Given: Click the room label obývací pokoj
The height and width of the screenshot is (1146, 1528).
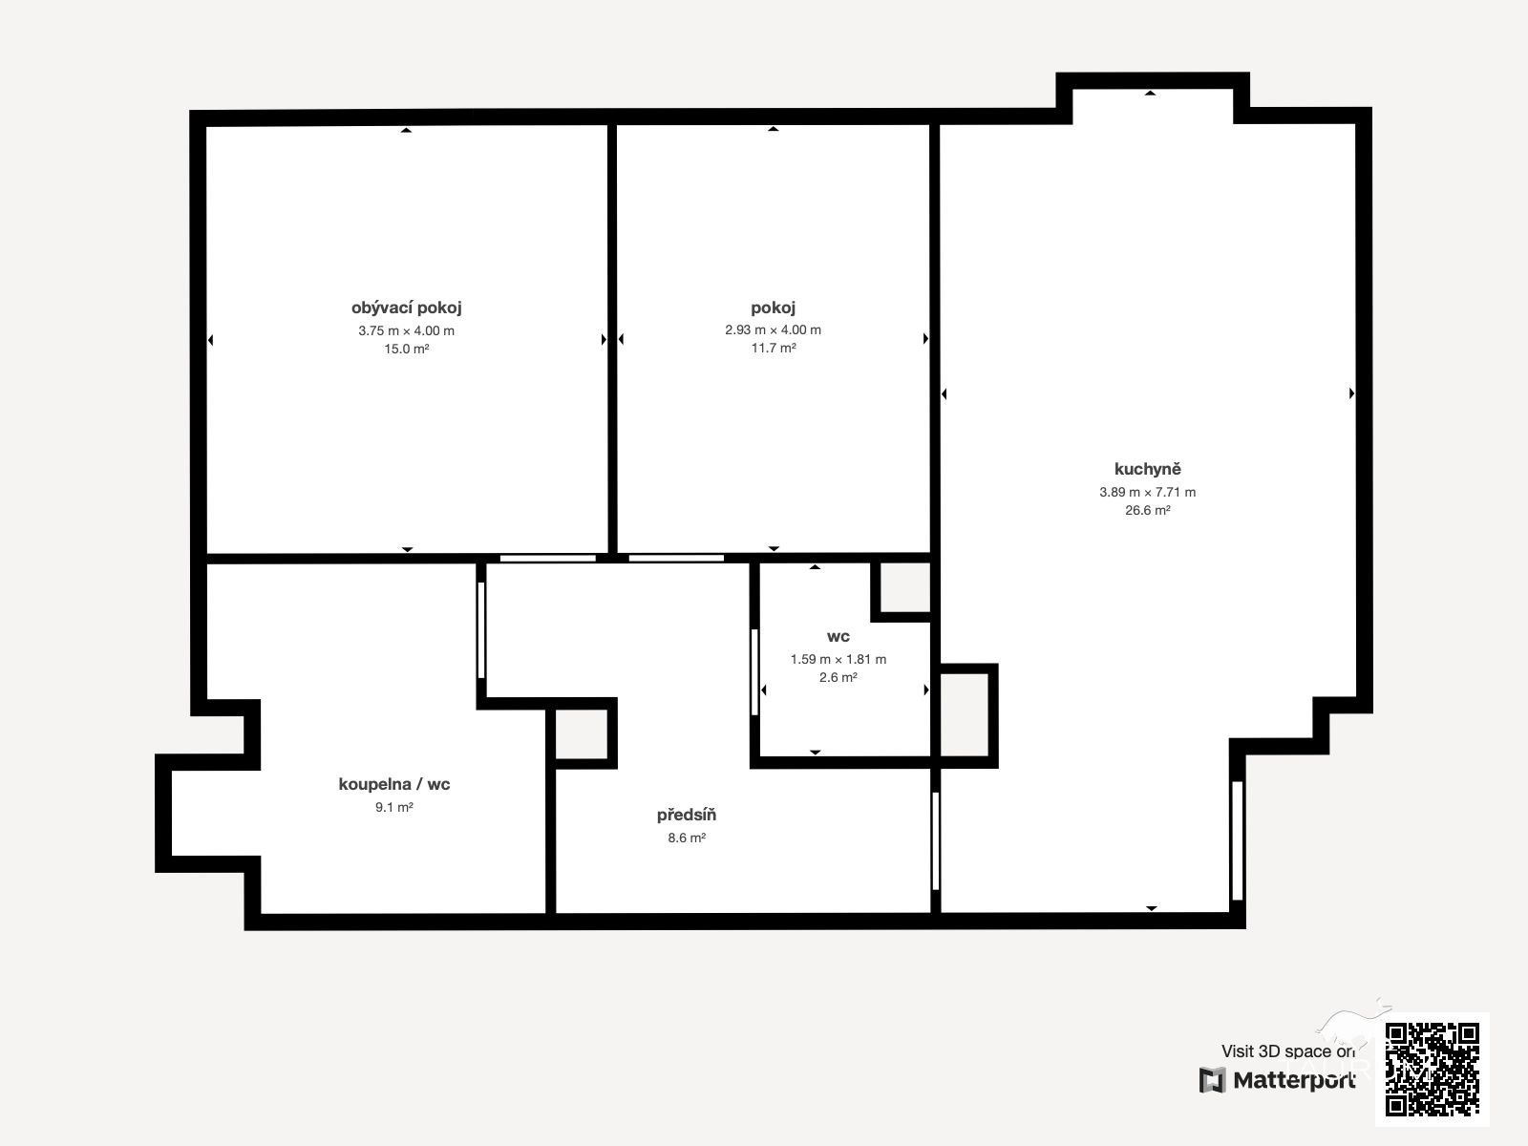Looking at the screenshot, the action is click(406, 308).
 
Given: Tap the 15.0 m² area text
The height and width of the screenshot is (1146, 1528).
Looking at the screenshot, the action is click(407, 349).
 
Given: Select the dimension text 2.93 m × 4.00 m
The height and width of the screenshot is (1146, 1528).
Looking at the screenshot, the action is click(773, 329).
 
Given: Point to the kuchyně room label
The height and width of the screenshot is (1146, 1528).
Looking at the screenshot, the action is click(1147, 469).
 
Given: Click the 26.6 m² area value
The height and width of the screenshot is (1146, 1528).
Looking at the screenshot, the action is click(1147, 510).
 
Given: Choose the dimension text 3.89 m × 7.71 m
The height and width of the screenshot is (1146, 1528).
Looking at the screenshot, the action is click(1147, 492).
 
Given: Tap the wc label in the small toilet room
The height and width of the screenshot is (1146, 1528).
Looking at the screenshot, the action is click(838, 637).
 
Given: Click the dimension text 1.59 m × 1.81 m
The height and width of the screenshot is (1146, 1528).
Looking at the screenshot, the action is click(838, 659).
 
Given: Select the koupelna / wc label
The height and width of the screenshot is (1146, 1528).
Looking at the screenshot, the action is click(394, 784).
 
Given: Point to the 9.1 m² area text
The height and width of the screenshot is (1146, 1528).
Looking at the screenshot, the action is click(394, 807).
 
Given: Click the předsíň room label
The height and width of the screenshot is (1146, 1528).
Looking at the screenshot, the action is click(687, 815).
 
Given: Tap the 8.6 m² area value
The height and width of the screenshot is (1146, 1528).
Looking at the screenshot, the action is click(687, 838).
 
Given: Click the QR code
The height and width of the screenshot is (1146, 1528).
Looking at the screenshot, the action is click(1432, 1070).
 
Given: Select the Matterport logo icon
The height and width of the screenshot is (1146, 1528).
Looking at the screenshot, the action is click(1212, 1081).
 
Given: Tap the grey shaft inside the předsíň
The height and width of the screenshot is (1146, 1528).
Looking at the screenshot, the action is click(582, 734).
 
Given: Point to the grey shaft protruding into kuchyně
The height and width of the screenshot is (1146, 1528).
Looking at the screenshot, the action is click(965, 714).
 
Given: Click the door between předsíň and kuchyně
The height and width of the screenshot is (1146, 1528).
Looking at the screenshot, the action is click(936, 840).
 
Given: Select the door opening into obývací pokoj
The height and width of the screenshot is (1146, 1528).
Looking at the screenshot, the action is click(548, 558).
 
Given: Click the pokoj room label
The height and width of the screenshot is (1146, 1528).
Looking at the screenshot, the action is click(773, 308).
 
